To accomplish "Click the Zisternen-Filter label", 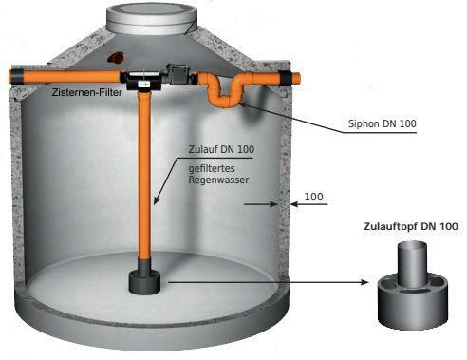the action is [87, 92].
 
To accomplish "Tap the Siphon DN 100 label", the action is [382, 123].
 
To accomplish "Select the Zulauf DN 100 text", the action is [221, 149].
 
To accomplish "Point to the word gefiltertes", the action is [212, 168].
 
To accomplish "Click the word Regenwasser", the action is [218, 180].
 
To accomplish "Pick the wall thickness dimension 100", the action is [313, 197].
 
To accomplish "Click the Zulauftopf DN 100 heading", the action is [411, 226].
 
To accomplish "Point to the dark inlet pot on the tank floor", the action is [144, 282].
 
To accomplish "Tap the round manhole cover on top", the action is [153, 18].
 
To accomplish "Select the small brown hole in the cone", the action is [115, 57].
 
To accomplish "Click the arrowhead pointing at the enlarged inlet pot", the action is [365, 282].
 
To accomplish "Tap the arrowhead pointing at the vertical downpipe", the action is [156, 200].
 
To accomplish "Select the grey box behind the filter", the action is [179, 73].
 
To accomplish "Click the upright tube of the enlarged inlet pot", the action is [413, 263].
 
